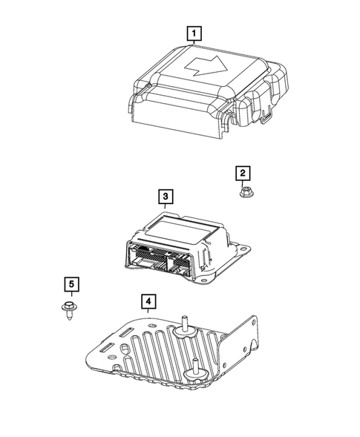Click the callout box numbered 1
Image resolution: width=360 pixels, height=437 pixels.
pos(194,33)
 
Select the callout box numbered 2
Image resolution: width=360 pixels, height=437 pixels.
pos(242,173)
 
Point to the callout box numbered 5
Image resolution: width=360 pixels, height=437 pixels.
pos(70,283)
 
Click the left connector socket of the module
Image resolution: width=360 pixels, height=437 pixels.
pos(151,260)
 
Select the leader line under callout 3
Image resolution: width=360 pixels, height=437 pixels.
pos(166,208)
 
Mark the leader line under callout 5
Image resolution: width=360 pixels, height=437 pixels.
pos(70,296)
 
